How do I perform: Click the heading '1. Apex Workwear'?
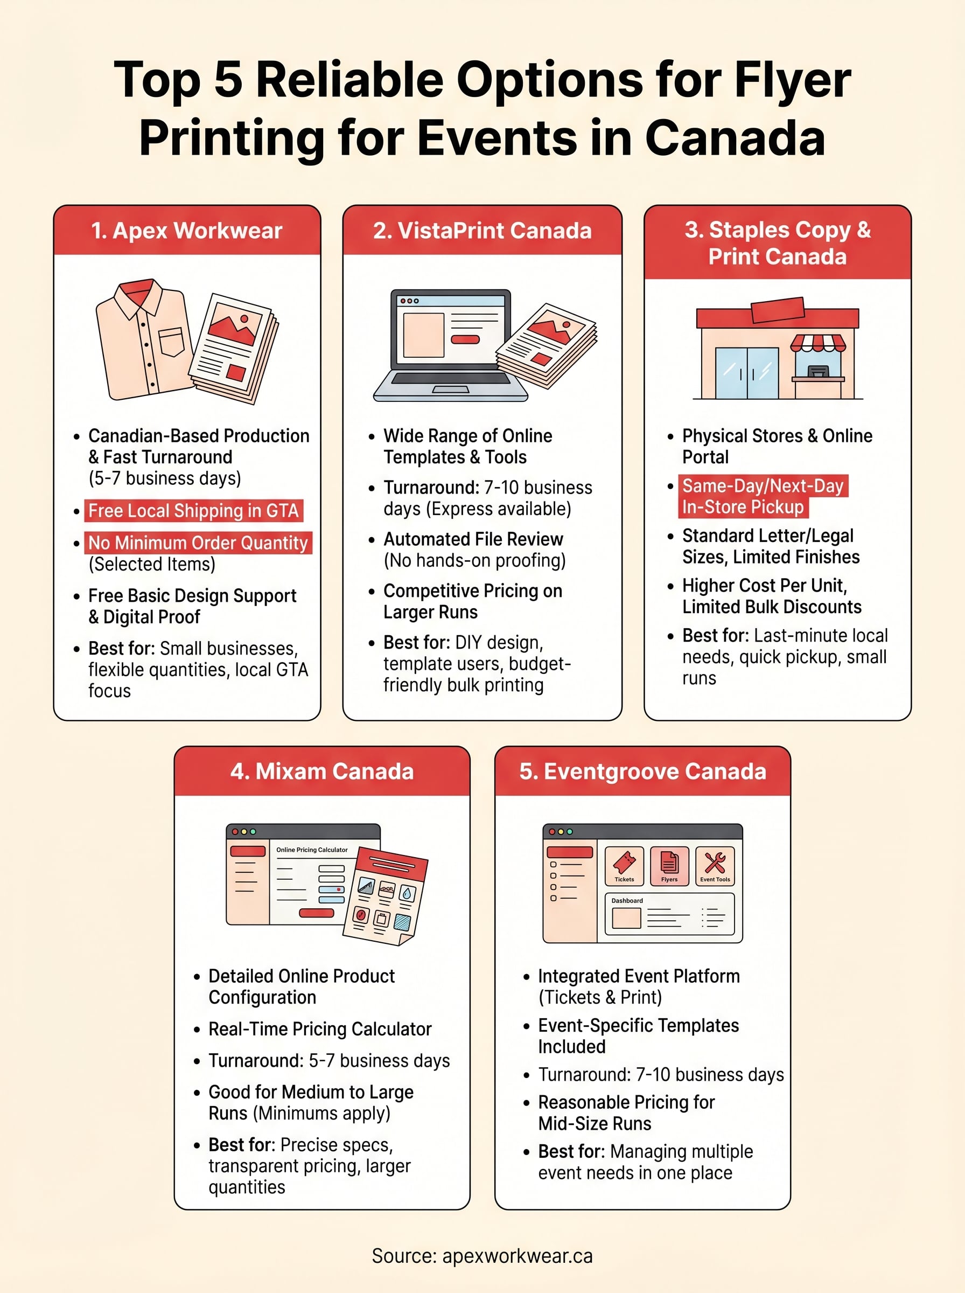tap(186, 230)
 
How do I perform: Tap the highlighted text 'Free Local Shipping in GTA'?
tap(193, 511)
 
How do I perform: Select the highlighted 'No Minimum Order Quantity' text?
tap(198, 543)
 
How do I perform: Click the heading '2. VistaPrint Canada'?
tap(482, 230)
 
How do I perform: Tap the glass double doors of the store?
tap(746, 373)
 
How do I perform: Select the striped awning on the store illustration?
tap(818, 343)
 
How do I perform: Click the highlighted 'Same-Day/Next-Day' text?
tap(763, 486)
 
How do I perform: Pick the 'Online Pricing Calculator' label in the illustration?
tap(312, 850)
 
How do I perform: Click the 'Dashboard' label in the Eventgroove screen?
tap(627, 900)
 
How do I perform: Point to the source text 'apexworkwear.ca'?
tap(517, 1256)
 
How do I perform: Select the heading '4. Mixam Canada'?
tap(322, 771)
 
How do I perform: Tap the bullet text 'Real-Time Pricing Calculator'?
tap(319, 1029)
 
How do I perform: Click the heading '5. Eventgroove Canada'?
tap(642, 771)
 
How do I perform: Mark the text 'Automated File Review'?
tap(473, 539)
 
